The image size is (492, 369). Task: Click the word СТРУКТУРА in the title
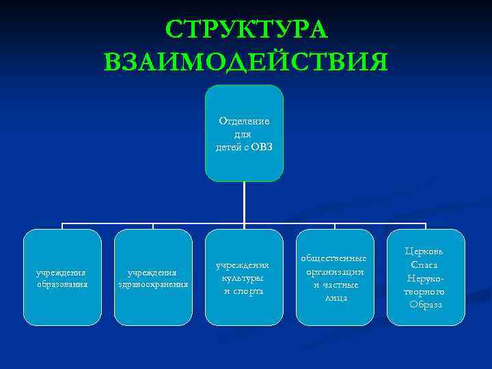click(x=246, y=29)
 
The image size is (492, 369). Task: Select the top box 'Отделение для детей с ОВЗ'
click(x=244, y=164)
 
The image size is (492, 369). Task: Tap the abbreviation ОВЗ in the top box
click(x=261, y=148)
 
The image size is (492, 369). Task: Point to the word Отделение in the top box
click(x=244, y=121)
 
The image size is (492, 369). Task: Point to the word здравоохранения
click(x=153, y=284)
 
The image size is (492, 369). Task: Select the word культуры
click(x=244, y=277)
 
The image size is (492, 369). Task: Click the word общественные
click(x=335, y=258)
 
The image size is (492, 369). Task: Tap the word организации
click(x=335, y=271)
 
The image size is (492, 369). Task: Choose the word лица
click(x=335, y=297)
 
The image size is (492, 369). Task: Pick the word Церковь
click(x=426, y=251)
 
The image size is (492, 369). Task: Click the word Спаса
click(x=426, y=264)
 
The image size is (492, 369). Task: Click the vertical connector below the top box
click(x=244, y=202)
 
